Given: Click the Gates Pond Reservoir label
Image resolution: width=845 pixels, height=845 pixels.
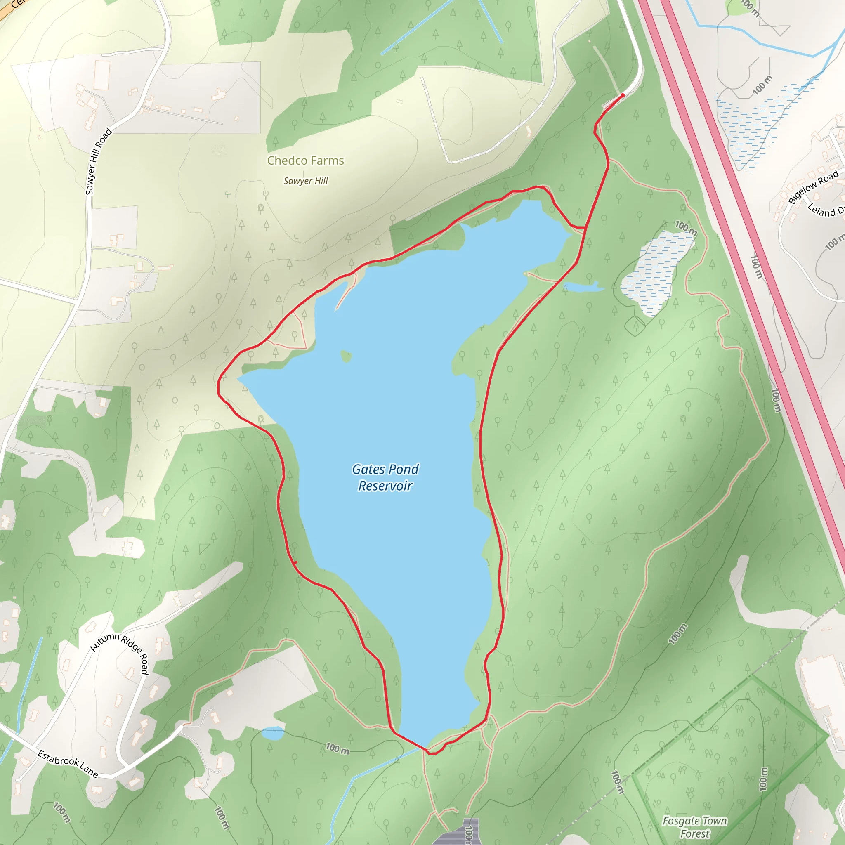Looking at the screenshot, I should [385, 477].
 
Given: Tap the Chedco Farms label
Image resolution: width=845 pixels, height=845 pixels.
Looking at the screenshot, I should [305, 161].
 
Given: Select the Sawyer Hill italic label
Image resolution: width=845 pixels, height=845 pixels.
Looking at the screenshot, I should [305, 181].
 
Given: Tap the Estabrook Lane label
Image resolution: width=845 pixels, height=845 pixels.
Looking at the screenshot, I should [68, 764].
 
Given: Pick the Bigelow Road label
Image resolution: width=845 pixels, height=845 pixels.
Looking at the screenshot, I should [813, 187].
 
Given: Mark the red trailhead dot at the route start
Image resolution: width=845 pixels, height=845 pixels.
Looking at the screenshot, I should [622, 95].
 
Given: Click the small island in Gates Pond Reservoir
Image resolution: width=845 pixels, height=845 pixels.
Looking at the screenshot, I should [346, 356].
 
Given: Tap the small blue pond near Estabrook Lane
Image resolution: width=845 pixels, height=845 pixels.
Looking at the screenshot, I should [273, 733].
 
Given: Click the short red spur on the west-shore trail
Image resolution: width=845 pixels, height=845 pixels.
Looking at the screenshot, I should [296, 563].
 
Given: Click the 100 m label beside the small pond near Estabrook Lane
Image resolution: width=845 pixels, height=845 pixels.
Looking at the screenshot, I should [337, 749].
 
